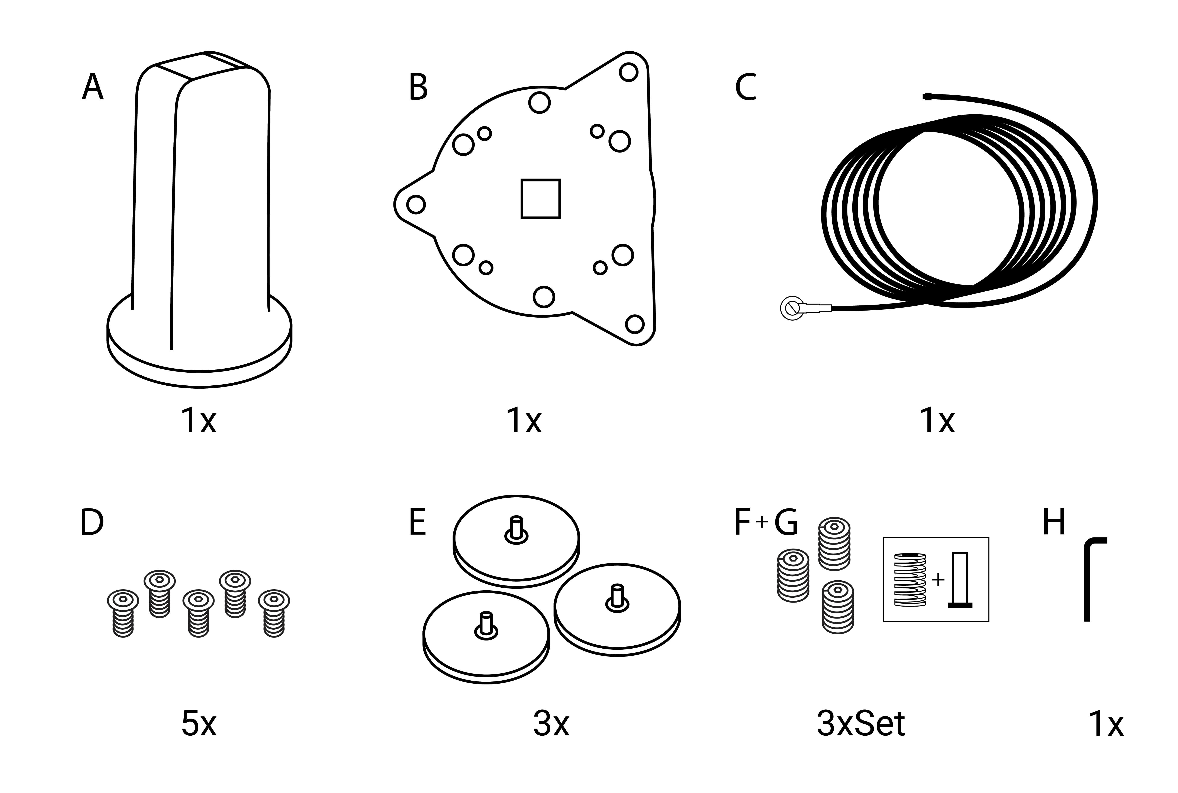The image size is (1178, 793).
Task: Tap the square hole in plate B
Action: (540, 199)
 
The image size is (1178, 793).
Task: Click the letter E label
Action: (417, 522)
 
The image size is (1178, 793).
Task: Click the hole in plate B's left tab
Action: (416, 204)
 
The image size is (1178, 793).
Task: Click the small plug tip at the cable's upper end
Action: (927, 96)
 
